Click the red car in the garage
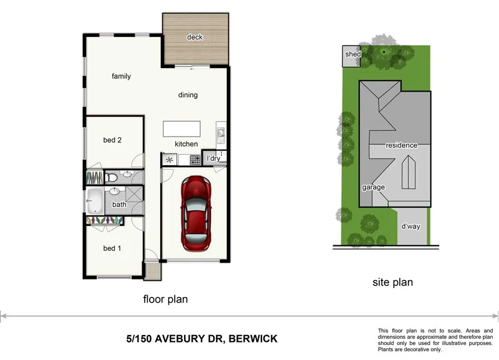click(x=195, y=213)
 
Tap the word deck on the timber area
click(x=195, y=37)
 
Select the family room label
click(x=121, y=77)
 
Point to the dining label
click(x=188, y=95)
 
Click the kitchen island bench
click(x=182, y=129)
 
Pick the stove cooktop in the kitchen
click(x=195, y=160)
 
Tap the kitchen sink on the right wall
click(x=220, y=133)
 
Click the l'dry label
click(x=213, y=158)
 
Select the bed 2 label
click(x=112, y=140)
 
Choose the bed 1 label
click(x=112, y=248)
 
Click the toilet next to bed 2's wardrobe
click(x=112, y=178)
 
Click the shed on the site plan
click(x=352, y=55)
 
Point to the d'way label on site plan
click(x=410, y=226)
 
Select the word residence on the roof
click(x=401, y=145)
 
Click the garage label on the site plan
click(x=374, y=187)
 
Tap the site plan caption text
click(x=392, y=283)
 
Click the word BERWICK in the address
click(x=253, y=339)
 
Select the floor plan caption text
click(x=165, y=299)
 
